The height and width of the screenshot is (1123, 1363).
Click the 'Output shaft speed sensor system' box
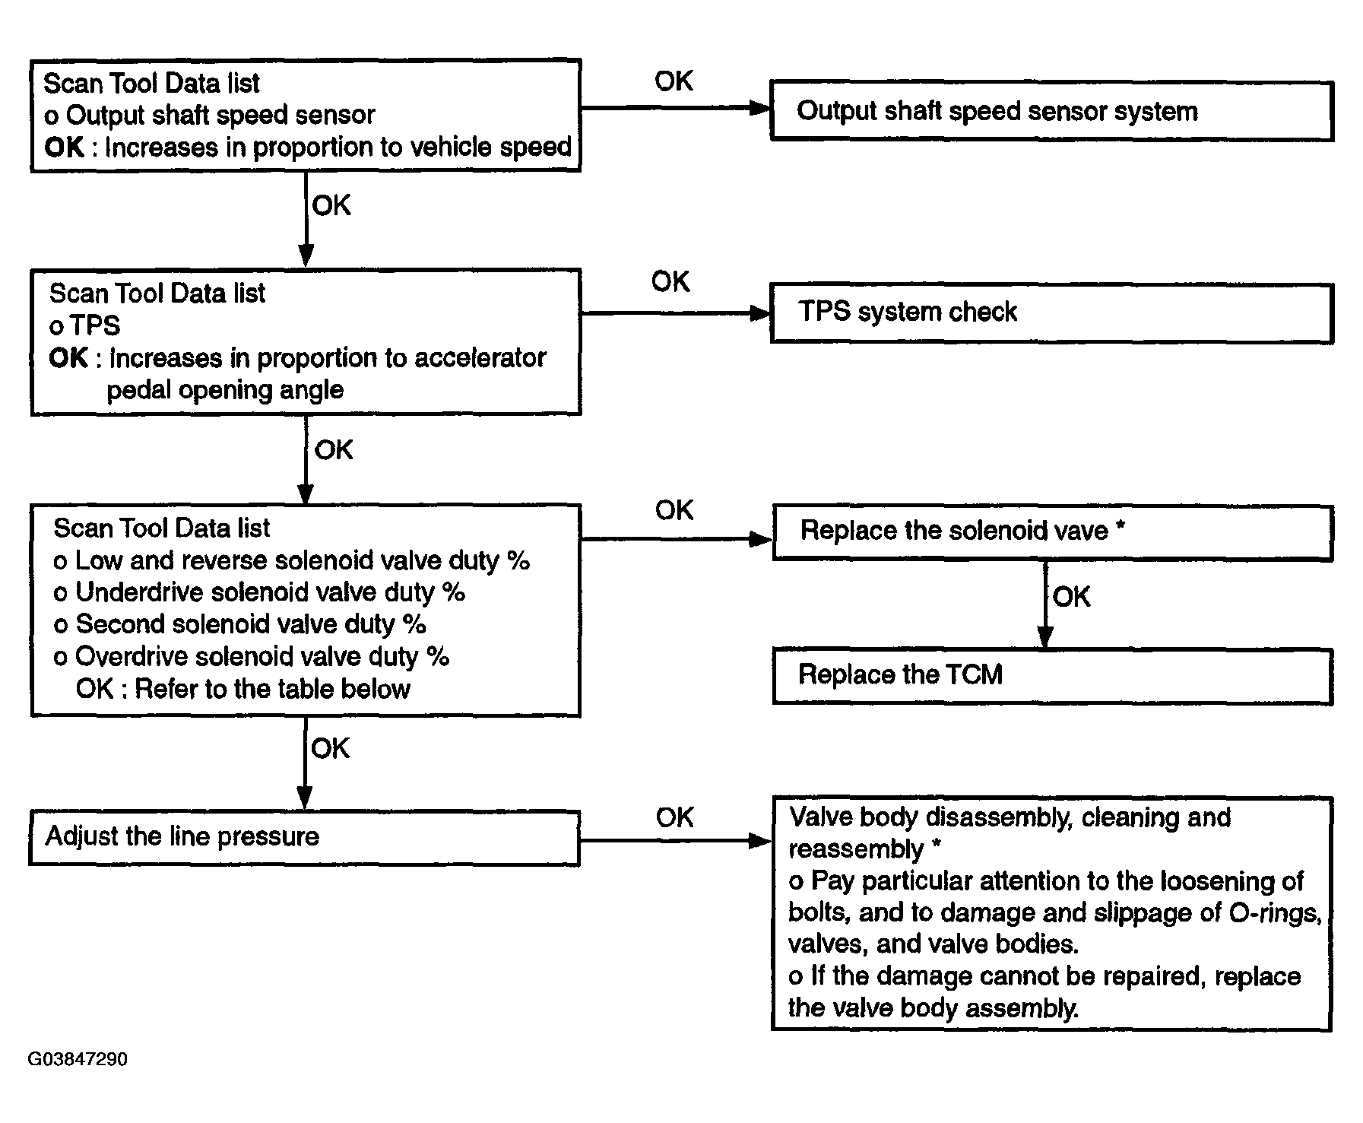click(x=1052, y=111)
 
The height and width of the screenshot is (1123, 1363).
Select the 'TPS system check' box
click(x=1052, y=313)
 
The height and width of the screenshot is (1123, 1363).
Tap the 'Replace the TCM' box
click(x=1053, y=676)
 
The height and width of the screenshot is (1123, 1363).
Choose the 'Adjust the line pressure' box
click(x=304, y=838)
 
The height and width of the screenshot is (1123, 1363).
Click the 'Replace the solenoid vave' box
click(x=1053, y=533)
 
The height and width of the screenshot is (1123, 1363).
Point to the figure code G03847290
click(x=78, y=1059)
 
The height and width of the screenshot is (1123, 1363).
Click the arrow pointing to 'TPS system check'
click(x=676, y=312)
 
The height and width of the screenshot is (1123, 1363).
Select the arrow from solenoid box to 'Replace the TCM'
click(x=1045, y=604)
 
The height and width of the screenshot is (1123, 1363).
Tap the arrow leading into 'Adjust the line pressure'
click(x=304, y=763)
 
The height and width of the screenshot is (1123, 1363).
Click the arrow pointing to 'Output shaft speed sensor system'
click(x=676, y=108)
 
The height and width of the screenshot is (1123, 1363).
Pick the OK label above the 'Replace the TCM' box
click(x=1071, y=597)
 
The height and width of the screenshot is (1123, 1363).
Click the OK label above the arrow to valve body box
click(x=674, y=818)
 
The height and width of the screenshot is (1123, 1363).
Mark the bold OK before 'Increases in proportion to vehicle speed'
click(x=64, y=148)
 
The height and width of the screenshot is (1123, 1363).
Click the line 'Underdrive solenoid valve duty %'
click(x=259, y=592)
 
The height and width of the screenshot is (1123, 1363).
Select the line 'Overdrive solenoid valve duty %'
click(x=252, y=656)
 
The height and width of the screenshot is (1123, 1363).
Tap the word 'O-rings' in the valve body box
click(x=1275, y=912)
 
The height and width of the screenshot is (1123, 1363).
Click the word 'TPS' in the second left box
click(x=95, y=325)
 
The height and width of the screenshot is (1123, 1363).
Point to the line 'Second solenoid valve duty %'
click(x=239, y=624)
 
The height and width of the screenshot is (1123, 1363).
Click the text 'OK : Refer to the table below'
click(x=242, y=689)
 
